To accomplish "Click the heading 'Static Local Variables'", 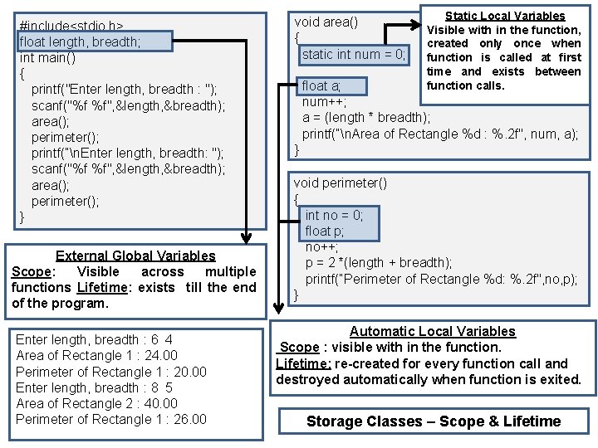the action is [x=505, y=16].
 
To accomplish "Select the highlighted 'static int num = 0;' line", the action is [x=354, y=55].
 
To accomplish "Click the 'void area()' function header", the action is [x=326, y=22].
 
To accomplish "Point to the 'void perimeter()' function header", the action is [x=340, y=183].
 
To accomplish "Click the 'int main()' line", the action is [x=47, y=58].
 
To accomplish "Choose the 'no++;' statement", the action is [x=321, y=247].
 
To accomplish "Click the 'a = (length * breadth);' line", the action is [x=366, y=117].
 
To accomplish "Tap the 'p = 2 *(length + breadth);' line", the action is [x=379, y=263].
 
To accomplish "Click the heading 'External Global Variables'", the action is [x=135, y=256].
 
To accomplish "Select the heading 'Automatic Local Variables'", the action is [x=432, y=332].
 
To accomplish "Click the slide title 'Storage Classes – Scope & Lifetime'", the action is [x=434, y=421].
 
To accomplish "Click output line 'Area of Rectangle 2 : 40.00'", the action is [x=97, y=404].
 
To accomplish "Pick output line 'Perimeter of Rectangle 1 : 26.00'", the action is [x=111, y=420].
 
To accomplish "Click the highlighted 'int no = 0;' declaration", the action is [x=334, y=215].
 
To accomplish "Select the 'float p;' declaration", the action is [x=324, y=231].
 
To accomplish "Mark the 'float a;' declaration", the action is [x=321, y=85].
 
